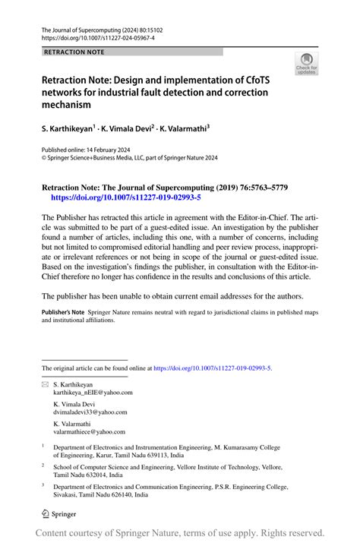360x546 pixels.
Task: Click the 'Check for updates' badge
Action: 308,64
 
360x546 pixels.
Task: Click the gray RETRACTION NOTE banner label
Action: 74,52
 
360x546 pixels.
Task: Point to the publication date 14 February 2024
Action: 112,150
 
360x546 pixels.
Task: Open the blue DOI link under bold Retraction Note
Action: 125,197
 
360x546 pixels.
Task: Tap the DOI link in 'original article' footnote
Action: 212,368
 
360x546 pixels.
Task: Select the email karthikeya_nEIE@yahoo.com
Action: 93,393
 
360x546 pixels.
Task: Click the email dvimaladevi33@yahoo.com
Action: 90,413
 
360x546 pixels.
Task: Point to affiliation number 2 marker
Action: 43,466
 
